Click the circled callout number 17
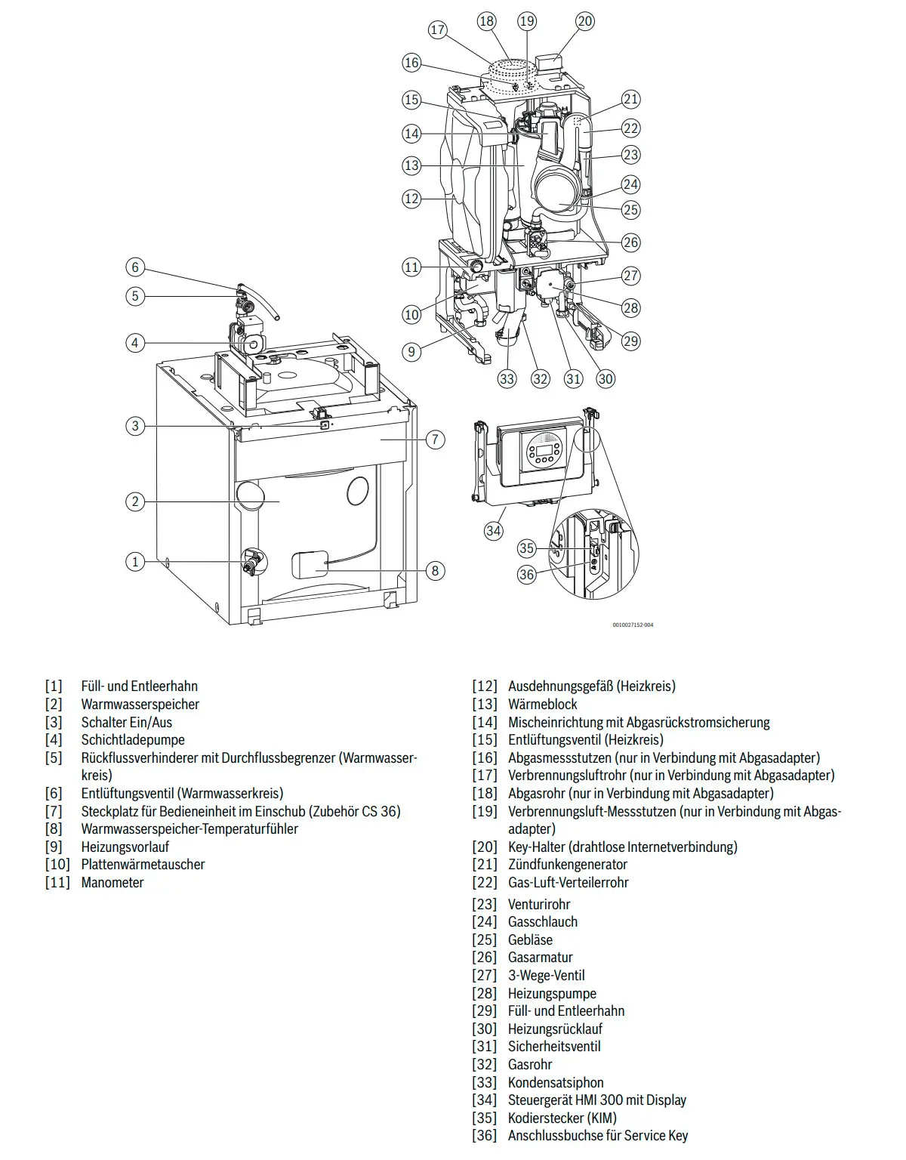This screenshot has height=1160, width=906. click(x=438, y=30)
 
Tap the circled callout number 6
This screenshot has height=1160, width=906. click(x=135, y=267)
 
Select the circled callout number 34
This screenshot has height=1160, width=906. click(x=494, y=531)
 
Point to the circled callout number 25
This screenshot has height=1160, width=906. click(x=630, y=210)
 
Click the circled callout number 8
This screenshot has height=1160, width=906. click(x=436, y=571)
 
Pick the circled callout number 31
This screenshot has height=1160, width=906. click(x=573, y=379)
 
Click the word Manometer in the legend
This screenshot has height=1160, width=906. click(x=112, y=882)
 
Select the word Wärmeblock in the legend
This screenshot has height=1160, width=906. click(x=543, y=704)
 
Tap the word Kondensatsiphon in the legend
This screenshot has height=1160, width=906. click(x=556, y=1082)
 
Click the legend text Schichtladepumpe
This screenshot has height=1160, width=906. click(x=133, y=740)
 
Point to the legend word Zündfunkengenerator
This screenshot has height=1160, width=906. click(x=568, y=864)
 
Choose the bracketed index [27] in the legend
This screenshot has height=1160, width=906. click(x=485, y=975)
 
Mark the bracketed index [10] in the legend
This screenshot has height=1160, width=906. click(x=57, y=864)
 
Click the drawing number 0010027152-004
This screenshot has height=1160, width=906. click(x=633, y=625)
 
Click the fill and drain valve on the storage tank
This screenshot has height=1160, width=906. click(x=253, y=562)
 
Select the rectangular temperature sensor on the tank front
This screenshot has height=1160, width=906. click(x=310, y=564)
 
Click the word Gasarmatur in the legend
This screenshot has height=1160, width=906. click(x=541, y=957)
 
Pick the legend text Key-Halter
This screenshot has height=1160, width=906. click(x=538, y=847)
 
